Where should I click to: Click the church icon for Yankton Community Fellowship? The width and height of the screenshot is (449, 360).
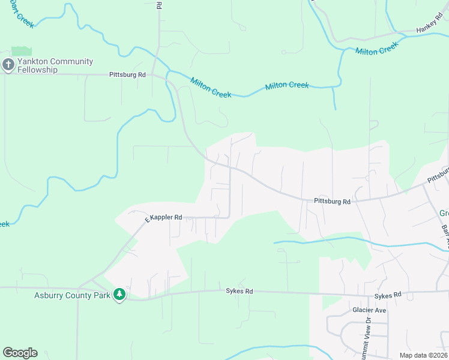pyautogui.click(x=8, y=65)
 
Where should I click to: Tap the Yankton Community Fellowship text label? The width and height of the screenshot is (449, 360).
pyautogui.click(x=55, y=65)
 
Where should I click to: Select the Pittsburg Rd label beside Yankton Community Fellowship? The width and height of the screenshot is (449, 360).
pyautogui.click(x=127, y=75)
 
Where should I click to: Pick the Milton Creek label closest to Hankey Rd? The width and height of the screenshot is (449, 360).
pyautogui.click(x=377, y=49)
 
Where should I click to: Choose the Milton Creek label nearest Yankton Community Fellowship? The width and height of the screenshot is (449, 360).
pyautogui.click(x=211, y=87)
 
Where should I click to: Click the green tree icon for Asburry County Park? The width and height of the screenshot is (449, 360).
pyautogui.click(x=119, y=295)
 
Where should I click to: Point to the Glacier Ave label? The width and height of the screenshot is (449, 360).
pyautogui.click(x=369, y=310)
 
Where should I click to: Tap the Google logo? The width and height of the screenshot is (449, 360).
pyautogui.click(x=20, y=353)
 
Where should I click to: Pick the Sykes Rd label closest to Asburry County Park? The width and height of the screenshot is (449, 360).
pyautogui.click(x=240, y=292)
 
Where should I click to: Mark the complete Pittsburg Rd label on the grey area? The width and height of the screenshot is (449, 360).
pyautogui.click(x=332, y=202)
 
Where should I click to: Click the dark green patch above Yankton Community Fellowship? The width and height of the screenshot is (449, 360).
pyautogui.click(x=21, y=52)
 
